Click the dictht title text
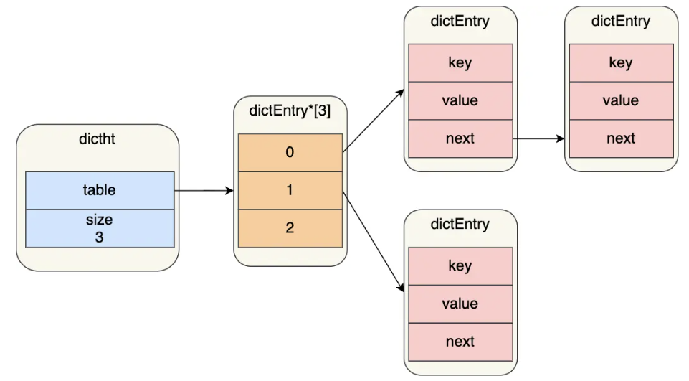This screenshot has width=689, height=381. point(97,138)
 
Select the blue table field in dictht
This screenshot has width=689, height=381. point(99,190)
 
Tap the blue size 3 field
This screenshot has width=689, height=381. point(99,228)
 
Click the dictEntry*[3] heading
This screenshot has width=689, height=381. point(290,110)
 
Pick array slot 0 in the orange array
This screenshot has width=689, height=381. point(290,152)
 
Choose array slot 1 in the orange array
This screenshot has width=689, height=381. point(290,190)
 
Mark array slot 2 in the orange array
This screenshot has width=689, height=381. point(290,228)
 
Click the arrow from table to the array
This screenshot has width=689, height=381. point(204,191)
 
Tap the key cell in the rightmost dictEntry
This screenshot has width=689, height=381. point(620,62)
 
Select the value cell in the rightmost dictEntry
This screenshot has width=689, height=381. point(620,100)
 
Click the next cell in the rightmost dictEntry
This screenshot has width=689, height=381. point(620,138)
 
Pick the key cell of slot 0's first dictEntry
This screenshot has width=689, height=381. point(460,62)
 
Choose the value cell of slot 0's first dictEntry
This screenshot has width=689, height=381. point(460,100)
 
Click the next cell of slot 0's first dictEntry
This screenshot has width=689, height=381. point(460,138)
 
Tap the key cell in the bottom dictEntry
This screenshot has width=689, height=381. point(460,265)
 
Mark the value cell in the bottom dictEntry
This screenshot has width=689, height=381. point(460,304)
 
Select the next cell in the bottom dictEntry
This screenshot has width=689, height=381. point(460,342)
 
